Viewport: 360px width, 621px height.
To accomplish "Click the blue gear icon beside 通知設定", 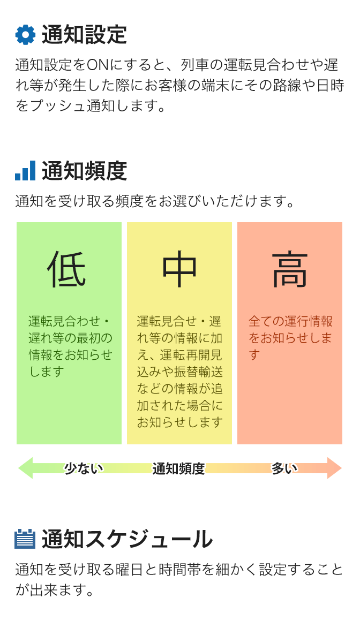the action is pos(25,35).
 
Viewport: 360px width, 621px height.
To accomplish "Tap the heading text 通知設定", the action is pos(84,35).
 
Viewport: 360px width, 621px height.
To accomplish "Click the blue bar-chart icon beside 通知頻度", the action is pos(25,171).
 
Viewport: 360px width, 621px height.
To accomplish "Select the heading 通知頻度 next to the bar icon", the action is pos(84,171).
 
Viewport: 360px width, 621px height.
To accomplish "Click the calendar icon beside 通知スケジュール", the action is pos(25,539).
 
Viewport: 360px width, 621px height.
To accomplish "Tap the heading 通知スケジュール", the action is pos(127,540).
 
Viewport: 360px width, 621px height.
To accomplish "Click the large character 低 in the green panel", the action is pos(67,269).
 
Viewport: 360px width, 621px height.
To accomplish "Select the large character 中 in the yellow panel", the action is pos(179,269).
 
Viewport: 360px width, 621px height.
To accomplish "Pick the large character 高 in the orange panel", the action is pos(290,269).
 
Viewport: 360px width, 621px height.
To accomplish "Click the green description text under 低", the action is pos(70,346).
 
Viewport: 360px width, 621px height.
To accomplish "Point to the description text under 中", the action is pos(179,372).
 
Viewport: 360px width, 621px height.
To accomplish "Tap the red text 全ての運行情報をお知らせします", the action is pos(290,337).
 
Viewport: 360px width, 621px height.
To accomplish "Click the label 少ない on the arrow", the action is pos(84,468).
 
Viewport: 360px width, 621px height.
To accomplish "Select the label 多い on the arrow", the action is pos(284,468).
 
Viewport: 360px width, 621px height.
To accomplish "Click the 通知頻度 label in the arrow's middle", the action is pos(178,468).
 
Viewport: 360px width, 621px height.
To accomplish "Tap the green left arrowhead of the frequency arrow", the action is pos(26,468).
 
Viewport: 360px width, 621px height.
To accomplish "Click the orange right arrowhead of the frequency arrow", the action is pos(334,468).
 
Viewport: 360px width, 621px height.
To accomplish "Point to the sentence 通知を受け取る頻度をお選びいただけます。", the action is pos(155,201).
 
